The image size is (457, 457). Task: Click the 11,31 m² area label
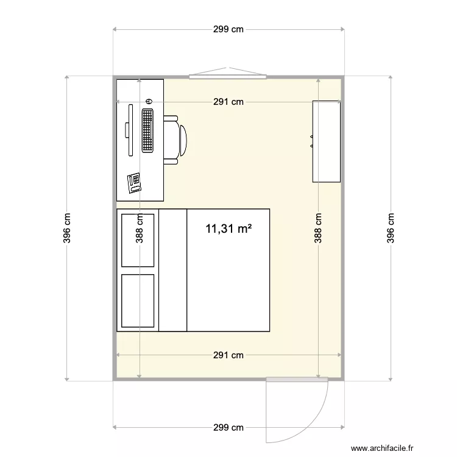pos(229,229)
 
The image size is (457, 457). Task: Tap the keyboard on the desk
pos(147,130)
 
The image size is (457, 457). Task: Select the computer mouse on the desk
pos(149,101)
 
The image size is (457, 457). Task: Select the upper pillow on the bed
pos(138,240)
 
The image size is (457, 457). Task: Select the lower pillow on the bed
pos(138,300)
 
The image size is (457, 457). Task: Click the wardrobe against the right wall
pos(327,141)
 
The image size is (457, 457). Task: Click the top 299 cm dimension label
pos(228,29)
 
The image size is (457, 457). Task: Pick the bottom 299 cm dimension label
pos(228,427)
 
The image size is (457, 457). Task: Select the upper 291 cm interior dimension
pos(228,102)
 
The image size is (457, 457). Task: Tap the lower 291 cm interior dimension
pos(228,355)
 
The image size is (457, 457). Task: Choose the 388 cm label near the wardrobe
pos(318,228)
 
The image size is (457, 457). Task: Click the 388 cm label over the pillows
pos(140,228)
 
